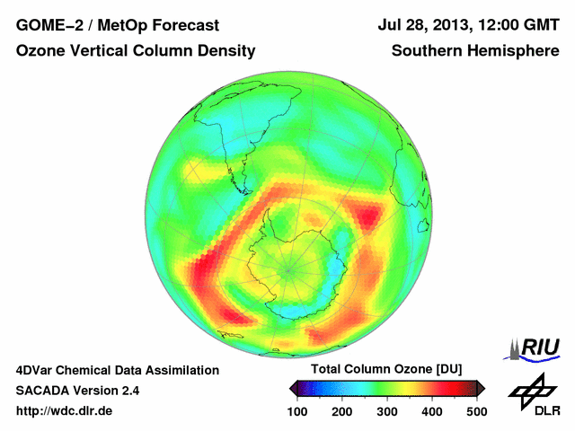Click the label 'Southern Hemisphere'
coord(476,52)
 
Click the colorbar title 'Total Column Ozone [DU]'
coord(386,370)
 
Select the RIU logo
coord(536,347)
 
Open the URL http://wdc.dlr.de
coord(65,411)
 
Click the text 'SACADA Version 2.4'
coord(78,391)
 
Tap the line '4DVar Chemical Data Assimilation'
coord(117,370)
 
